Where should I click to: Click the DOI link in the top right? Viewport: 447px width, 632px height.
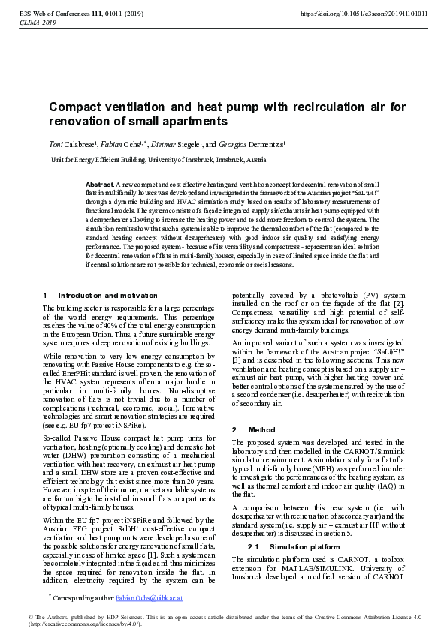(x=364, y=14)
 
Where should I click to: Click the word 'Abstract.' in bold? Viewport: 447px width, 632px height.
(x=99, y=184)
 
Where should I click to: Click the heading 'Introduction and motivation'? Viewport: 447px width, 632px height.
(x=107, y=296)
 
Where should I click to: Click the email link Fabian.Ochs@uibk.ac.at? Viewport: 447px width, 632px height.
(x=149, y=598)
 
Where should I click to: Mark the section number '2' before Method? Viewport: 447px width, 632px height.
(x=234, y=429)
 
